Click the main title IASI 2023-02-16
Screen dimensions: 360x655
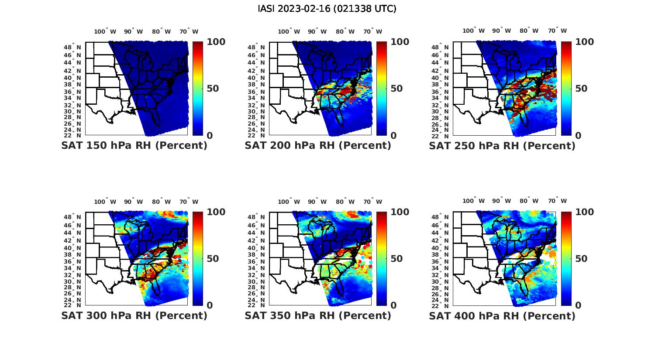click(x=327, y=9)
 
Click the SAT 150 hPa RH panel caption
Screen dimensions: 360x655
click(x=134, y=146)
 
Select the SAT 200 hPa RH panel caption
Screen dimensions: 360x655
click(x=318, y=146)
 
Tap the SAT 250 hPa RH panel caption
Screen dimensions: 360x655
click(x=502, y=146)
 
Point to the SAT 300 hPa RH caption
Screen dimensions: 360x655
click(x=134, y=315)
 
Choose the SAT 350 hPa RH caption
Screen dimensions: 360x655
click(x=318, y=315)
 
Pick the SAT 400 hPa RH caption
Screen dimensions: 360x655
click(x=502, y=315)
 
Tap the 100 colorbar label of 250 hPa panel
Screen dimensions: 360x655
click(x=585, y=42)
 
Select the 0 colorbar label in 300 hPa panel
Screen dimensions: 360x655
click(x=210, y=305)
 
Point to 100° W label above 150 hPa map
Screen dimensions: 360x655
click(x=105, y=31)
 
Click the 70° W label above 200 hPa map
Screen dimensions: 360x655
click(x=373, y=31)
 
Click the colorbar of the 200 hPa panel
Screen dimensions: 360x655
click(x=382, y=88)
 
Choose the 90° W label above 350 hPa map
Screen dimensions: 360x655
click(x=317, y=202)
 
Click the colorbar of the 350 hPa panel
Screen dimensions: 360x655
click(x=382, y=258)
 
